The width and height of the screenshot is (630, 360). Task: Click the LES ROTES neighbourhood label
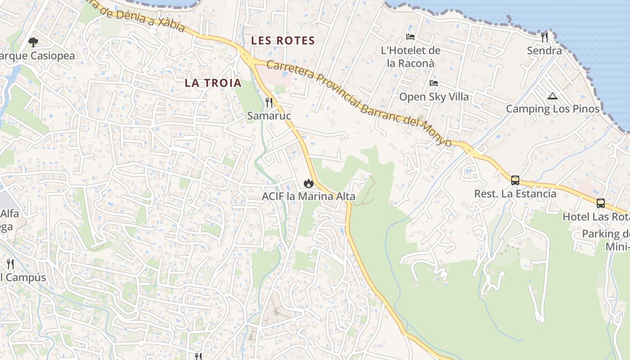tap(283, 40)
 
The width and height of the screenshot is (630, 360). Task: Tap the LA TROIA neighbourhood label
tap(213, 83)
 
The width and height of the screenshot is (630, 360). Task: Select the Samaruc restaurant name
tap(269, 116)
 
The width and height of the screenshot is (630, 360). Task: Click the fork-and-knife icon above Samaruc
tap(269, 102)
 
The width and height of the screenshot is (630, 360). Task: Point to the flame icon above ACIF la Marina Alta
tap(308, 183)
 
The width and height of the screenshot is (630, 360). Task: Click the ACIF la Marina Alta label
tap(308, 196)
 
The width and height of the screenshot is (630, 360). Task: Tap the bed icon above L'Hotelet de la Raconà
tap(410, 37)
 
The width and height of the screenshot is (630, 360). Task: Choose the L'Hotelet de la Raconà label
tap(410, 57)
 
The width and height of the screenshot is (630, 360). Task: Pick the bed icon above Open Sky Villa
tap(434, 83)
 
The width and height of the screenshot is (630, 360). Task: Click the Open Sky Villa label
tap(434, 97)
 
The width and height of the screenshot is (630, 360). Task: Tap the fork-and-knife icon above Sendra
tap(544, 37)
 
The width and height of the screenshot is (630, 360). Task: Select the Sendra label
tap(544, 50)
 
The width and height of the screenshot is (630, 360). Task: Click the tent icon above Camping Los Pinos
tap(553, 96)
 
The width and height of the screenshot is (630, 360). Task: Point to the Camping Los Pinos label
tap(553, 109)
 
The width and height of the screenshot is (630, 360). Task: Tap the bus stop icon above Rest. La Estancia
tap(515, 180)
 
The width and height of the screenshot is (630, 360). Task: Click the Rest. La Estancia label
tap(515, 194)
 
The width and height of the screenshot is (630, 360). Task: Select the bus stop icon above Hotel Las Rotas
tap(601, 203)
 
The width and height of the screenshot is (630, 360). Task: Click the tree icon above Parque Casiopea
tap(33, 42)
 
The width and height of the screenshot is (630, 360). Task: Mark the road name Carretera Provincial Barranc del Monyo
tap(359, 103)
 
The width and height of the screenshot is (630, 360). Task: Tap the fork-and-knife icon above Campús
tap(10, 264)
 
